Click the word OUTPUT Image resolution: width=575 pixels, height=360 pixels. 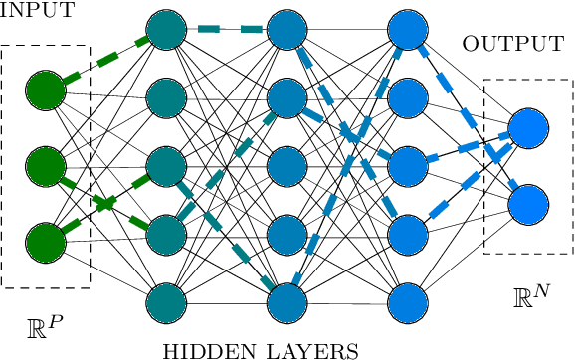pyautogui.click(x=512, y=45)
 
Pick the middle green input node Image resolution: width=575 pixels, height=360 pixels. pyautogui.click(x=46, y=164)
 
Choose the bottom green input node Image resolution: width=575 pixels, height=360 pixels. pyautogui.click(x=46, y=240)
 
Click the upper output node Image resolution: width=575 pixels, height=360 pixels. pyautogui.click(x=528, y=128)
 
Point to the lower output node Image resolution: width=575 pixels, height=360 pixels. pyautogui.click(x=528, y=202)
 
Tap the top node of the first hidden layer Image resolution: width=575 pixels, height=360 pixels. pyautogui.click(x=166, y=30)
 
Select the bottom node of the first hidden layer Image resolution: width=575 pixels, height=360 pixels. pyautogui.click(x=166, y=301)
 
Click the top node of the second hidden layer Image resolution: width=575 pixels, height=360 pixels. pyautogui.click(x=287, y=30)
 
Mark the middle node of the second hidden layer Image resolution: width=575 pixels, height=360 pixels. pyautogui.click(x=287, y=165)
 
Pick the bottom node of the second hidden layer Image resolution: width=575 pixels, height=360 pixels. pyautogui.click(x=287, y=301)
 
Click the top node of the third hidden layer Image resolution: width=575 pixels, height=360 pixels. pyautogui.click(x=407, y=30)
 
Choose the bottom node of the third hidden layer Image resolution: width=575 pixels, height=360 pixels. pyautogui.click(x=407, y=301)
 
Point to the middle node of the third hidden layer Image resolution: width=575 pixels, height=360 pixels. pyautogui.click(x=407, y=165)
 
